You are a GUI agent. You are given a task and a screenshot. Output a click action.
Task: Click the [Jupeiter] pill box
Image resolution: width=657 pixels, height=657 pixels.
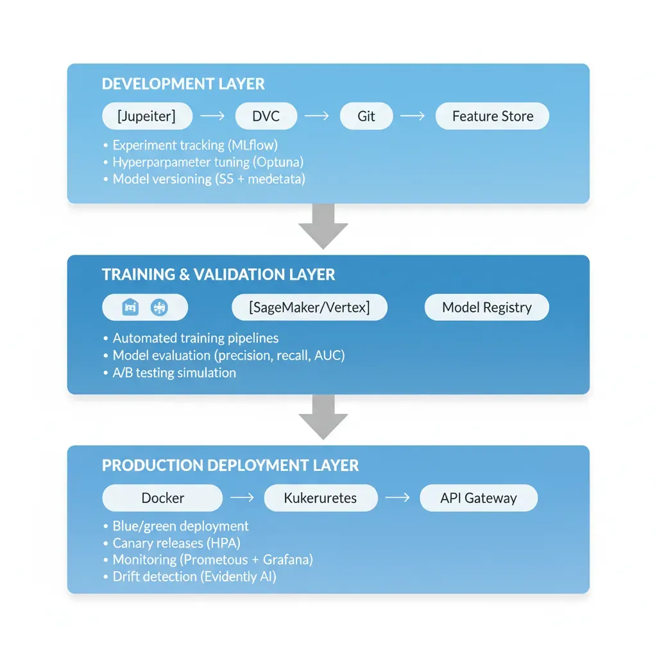pyautogui.click(x=147, y=116)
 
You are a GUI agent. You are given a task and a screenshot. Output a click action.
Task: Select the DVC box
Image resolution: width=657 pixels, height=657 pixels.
pyautogui.click(x=266, y=116)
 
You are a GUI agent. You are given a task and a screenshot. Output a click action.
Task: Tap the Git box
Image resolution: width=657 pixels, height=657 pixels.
pyautogui.click(x=366, y=116)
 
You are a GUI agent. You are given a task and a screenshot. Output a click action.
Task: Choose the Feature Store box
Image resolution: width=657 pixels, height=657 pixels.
pyautogui.click(x=492, y=116)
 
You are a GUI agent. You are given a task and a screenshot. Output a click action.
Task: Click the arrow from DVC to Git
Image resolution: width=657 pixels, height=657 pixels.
pyautogui.click(x=316, y=116)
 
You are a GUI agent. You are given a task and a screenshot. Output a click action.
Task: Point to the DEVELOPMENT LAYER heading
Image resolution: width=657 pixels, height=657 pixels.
pyautogui.click(x=183, y=84)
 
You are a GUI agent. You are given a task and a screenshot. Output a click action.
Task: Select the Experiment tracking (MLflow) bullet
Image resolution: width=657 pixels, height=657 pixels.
pyautogui.click(x=195, y=145)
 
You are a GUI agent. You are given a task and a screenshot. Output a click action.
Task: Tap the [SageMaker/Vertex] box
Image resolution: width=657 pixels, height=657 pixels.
pyautogui.click(x=309, y=307)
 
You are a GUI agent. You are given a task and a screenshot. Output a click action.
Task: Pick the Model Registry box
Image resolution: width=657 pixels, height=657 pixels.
pyautogui.click(x=487, y=307)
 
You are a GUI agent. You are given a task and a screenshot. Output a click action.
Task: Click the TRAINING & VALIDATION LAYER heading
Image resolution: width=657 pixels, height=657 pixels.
pyautogui.click(x=218, y=275)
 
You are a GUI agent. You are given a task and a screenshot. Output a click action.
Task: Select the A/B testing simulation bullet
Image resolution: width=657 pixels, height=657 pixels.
pyautogui.click(x=174, y=373)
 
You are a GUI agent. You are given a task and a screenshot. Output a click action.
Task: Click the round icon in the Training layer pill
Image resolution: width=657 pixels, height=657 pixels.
pyautogui.click(x=158, y=308)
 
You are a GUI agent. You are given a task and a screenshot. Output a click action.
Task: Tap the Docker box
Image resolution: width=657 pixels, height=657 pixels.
pyautogui.click(x=162, y=498)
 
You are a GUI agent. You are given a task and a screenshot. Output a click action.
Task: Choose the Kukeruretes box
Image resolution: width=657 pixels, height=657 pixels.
pyautogui.click(x=320, y=498)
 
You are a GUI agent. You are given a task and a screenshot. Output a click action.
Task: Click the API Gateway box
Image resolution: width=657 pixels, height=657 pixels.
pyautogui.click(x=478, y=498)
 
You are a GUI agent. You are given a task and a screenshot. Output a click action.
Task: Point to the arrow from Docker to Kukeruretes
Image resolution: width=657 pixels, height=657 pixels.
pyautogui.click(x=243, y=498)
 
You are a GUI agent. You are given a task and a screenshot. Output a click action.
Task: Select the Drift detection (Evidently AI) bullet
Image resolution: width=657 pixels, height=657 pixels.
pyautogui.click(x=194, y=576)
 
